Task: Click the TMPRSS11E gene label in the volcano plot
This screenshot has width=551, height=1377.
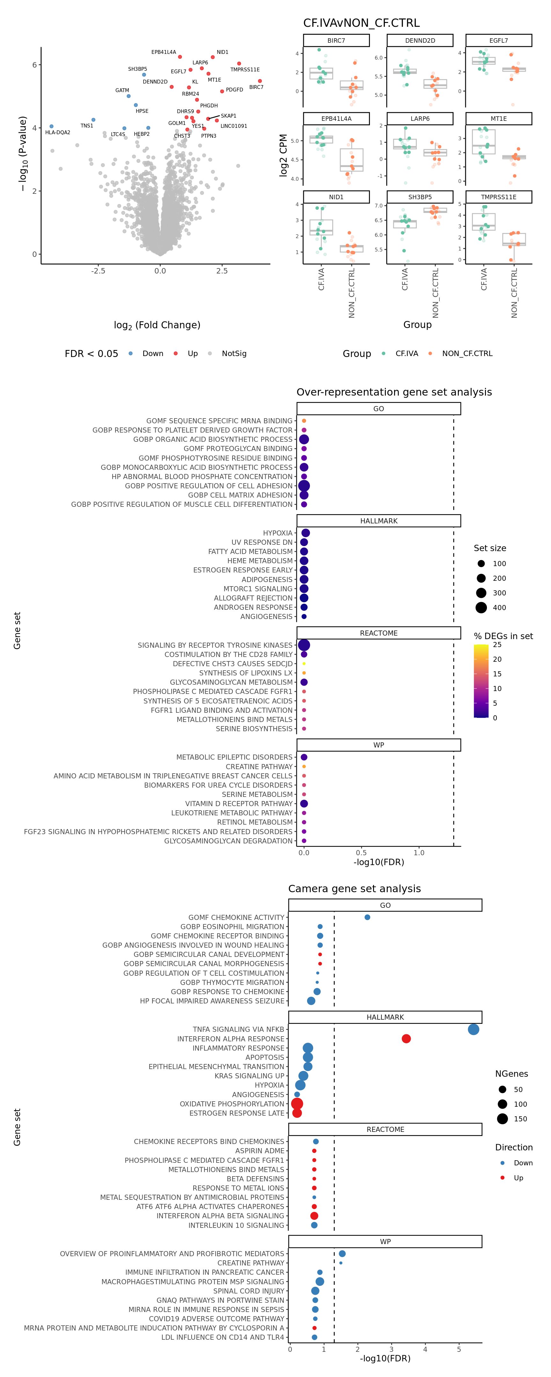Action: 245,69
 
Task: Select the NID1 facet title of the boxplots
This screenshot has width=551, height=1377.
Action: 336,197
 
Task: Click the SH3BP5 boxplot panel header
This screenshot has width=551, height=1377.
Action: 420,197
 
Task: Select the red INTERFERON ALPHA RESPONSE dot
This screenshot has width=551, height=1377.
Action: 406,1038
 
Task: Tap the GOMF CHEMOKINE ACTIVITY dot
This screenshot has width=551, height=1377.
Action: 367,917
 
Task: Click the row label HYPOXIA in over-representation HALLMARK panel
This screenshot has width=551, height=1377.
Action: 278,533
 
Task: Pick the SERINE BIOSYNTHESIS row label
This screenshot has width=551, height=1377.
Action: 254,729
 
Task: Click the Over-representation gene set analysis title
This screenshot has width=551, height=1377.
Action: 394,392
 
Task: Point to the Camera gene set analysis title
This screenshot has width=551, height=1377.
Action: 354,888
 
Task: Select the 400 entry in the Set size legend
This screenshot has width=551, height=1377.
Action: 499,607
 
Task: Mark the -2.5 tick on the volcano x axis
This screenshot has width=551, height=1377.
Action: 98,271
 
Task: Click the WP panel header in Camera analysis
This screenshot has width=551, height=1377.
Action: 385,1241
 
